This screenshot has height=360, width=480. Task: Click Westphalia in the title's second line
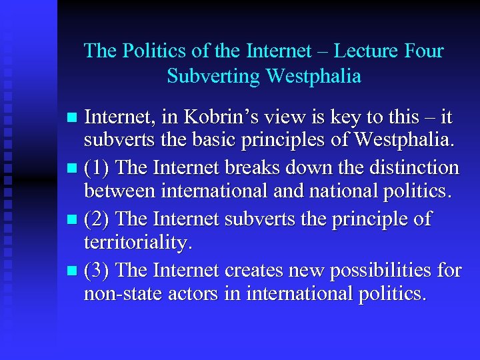coord(313,76)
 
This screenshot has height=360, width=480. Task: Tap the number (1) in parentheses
coord(98,167)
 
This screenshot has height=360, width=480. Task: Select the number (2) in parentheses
coord(98,219)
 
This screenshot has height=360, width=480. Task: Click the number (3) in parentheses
coord(98,269)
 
